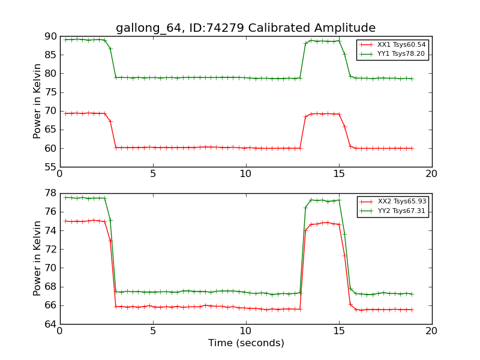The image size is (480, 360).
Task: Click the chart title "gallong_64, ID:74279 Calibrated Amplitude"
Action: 245,28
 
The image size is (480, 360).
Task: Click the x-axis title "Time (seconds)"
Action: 246,343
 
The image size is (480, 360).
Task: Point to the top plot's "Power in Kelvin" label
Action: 37,101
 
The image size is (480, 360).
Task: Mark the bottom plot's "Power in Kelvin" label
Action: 37,258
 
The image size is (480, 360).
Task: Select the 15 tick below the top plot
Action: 339,174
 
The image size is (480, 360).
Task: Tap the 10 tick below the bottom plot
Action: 246,331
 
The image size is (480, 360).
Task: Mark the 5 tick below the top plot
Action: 153,174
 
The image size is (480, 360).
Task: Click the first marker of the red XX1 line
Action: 65,113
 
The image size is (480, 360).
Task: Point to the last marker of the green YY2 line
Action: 412,294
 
